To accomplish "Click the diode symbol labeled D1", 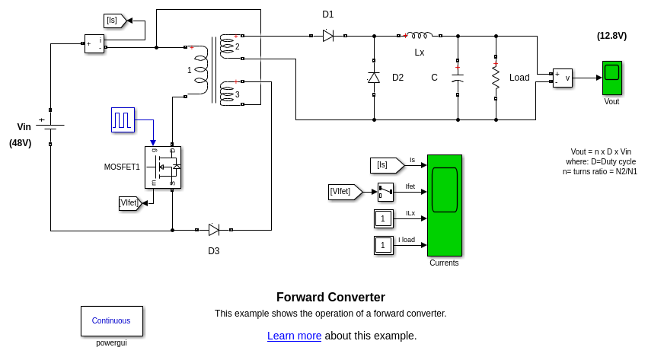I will point(328,36).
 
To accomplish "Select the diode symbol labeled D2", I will point(374,78).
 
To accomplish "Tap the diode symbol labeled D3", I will point(214,229).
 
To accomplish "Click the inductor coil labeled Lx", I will point(420,35).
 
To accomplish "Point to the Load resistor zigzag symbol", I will point(496,78).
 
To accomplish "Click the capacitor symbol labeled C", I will point(458,78).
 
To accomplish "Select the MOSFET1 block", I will point(162,167).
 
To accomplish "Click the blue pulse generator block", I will point(123,119).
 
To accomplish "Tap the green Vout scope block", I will point(611,78).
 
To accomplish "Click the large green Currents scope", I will point(445,205).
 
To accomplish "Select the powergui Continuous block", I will point(111,320).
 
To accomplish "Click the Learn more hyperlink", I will point(294,336).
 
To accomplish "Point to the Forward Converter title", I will point(330,298).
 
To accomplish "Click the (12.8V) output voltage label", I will point(611,36).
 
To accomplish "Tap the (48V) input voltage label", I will point(21,143).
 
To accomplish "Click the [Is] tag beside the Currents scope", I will point(386,165).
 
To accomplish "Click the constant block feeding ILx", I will point(383,219).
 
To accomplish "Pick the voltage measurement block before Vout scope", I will point(562,78).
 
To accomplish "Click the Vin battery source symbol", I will point(50,126).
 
